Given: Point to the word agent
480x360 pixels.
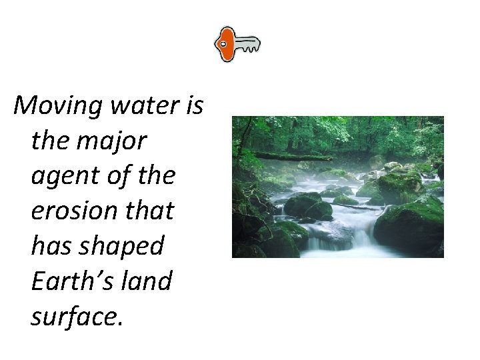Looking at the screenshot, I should pyautogui.click(x=63, y=176).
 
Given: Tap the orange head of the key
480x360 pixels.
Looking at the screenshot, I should pyautogui.click(x=227, y=45).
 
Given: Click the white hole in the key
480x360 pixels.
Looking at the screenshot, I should pyautogui.click(x=223, y=44).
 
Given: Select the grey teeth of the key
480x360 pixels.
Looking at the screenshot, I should pyautogui.click(x=247, y=45).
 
